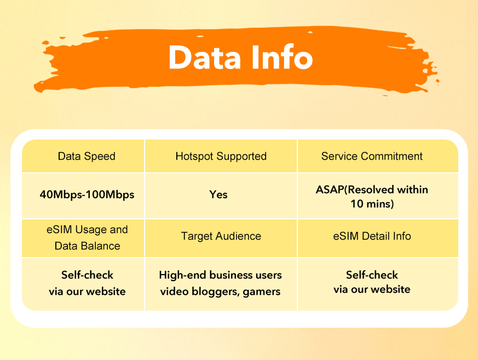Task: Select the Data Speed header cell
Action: (87, 156)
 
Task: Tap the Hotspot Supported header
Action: (221, 156)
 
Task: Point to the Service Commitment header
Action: (372, 156)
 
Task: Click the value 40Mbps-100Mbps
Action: (87, 194)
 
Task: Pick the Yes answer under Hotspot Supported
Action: (218, 194)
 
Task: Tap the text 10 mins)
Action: (372, 204)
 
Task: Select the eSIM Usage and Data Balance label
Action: (87, 237)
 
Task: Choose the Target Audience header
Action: (221, 236)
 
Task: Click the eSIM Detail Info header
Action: (372, 236)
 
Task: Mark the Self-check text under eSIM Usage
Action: (87, 275)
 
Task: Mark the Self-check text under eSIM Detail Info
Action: (372, 275)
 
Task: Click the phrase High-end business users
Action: (220, 275)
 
